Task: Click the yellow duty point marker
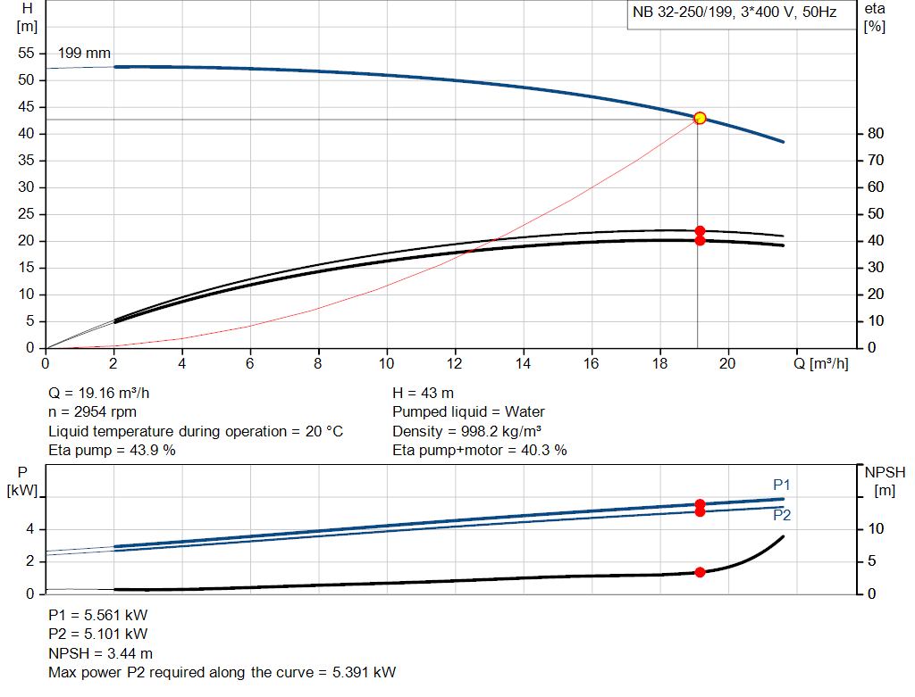click(700, 118)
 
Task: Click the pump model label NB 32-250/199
click(684, 13)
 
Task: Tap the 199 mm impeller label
click(84, 54)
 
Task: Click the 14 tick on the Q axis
click(524, 363)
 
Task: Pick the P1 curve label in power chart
click(782, 485)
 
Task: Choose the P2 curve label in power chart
click(782, 515)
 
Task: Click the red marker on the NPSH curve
click(700, 572)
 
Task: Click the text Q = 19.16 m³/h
click(105, 393)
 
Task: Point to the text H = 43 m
click(424, 393)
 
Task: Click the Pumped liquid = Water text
click(468, 412)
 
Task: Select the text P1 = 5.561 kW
click(98, 616)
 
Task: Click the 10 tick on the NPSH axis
click(877, 529)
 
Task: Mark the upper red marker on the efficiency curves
click(700, 231)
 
